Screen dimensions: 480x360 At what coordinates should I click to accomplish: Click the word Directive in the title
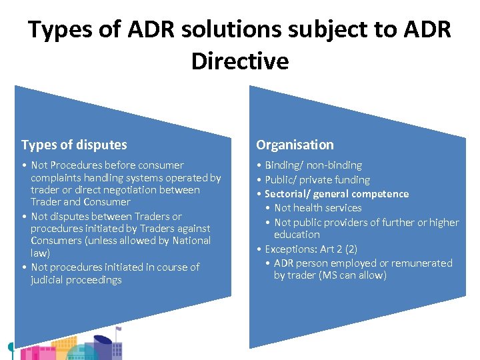(240, 61)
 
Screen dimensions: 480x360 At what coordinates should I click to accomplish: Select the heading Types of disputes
(74, 145)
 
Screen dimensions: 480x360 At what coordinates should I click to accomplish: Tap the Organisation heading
(295, 145)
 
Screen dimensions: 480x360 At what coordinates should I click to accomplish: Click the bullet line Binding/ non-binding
(313, 165)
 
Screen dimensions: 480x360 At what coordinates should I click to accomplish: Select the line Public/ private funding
(317, 179)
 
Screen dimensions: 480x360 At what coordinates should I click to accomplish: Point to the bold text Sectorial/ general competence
(337, 194)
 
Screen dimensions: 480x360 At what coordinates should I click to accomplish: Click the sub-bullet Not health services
(317, 208)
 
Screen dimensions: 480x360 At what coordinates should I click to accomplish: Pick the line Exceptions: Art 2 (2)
(311, 249)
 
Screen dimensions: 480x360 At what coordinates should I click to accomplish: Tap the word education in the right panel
(297, 235)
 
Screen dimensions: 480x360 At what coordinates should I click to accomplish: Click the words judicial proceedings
(76, 280)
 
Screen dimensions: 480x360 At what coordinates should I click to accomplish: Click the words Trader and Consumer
(81, 202)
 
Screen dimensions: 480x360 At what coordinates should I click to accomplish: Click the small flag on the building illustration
(119, 329)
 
